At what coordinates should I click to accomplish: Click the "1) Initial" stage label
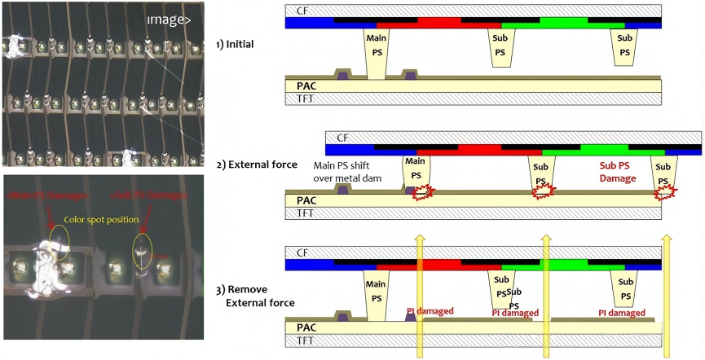click(236, 44)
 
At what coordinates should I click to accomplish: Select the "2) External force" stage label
click(257, 165)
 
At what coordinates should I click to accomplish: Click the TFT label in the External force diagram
click(306, 213)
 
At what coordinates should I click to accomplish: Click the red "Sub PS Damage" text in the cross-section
click(612, 173)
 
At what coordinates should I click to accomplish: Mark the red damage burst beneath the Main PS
click(424, 193)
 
